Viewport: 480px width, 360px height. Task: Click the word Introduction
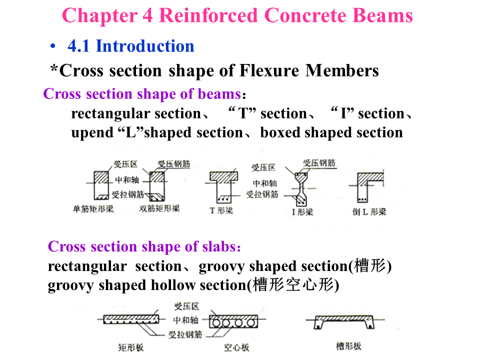coord(145,46)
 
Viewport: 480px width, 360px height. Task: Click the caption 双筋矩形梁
coord(159,208)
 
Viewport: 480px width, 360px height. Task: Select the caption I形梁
coord(302,211)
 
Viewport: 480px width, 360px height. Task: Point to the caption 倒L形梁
coord(369,211)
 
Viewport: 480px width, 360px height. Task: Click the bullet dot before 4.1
coord(53,47)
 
